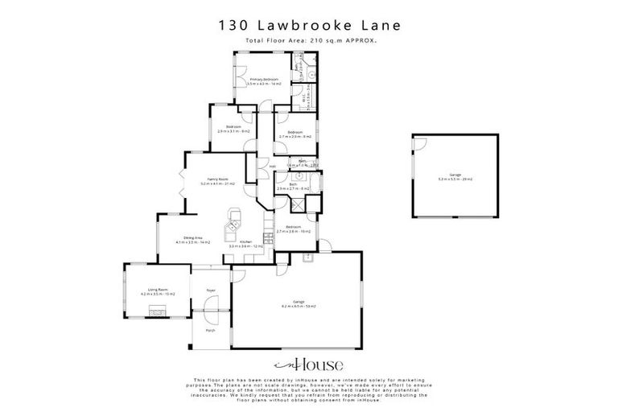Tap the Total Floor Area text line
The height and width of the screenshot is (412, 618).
tap(309, 39)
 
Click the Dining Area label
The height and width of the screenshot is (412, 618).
tap(192, 239)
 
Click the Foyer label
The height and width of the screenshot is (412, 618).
tap(211, 290)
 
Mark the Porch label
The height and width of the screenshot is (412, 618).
tap(210, 331)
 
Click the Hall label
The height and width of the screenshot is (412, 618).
tap(273, 167)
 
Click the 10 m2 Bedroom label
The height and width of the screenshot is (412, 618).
tap(294, 229)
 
